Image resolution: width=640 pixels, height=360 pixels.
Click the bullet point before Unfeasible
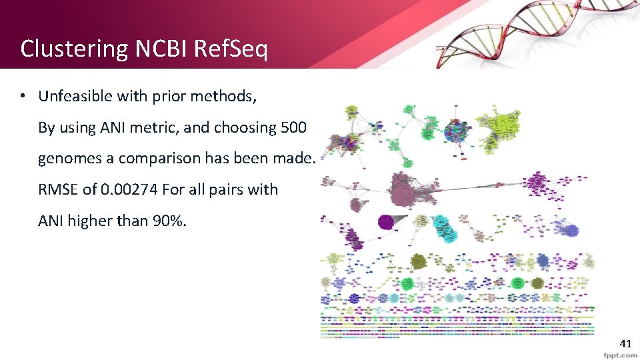23,97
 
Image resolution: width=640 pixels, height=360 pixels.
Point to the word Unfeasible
75,97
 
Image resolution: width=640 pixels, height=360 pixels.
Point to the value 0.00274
128,189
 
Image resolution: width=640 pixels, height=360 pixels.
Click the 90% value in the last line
171,220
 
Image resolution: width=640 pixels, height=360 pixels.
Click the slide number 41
625,344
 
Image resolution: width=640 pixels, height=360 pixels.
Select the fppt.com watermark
619,355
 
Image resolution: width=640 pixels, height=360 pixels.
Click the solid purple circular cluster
385,222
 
